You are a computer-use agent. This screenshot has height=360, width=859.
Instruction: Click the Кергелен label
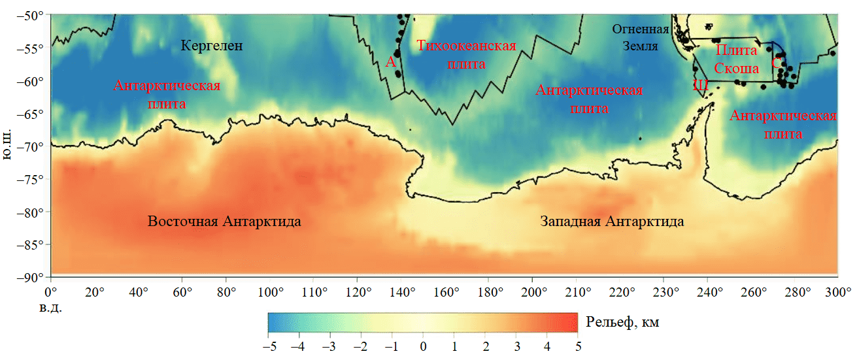(211, 46)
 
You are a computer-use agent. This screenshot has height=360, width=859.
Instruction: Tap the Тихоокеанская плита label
(466, 55)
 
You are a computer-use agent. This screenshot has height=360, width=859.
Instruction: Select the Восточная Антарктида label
(224, 221)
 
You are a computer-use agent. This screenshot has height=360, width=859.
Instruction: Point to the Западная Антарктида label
(612, 221)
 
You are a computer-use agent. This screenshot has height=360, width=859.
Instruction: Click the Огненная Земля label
(641, 38)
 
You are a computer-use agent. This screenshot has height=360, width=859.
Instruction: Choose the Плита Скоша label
(736, 59)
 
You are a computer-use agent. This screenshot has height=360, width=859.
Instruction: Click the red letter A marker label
(390, 62)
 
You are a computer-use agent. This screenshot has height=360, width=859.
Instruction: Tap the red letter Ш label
(700, 84)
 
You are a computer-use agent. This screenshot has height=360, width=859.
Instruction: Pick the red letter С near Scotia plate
(776, 63)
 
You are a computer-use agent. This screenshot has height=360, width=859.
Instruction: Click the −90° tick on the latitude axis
(32, 278)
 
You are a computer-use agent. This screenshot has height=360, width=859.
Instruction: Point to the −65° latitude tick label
(32, 114)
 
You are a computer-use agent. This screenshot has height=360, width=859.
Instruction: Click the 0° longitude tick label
(50, 291)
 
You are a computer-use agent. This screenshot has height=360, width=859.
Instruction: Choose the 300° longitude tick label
(838, 291)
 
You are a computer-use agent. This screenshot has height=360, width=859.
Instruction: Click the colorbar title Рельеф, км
(617, 321)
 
